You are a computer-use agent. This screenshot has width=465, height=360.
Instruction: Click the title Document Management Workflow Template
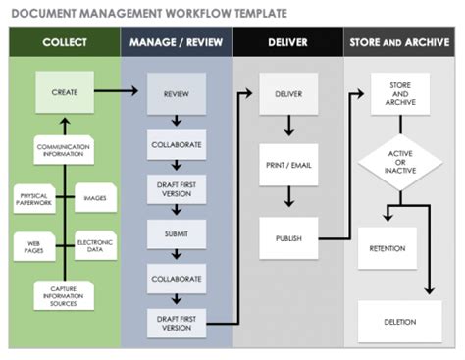click(x=147, y=14)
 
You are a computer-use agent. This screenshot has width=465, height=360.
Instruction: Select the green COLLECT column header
click(x=64, y=44)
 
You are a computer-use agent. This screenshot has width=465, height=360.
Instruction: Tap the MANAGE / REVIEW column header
click(x=177, y=44)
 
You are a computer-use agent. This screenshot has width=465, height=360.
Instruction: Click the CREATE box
click(x=64, y=93)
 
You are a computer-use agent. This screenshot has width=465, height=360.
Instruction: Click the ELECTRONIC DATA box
click(x=96, y=244)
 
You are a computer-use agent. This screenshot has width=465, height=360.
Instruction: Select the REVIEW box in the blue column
click(x=177, y=94)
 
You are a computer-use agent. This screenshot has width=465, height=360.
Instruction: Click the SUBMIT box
click(x=177, y=233)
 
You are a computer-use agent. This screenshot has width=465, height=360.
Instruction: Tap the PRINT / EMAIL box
click(x=288, y=166)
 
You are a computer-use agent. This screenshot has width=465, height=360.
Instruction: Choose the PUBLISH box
click(x=288, y=237)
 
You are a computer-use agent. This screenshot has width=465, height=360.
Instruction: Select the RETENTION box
click(x=387, y=248)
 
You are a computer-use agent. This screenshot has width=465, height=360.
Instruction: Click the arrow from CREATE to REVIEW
click(x=120, y=93)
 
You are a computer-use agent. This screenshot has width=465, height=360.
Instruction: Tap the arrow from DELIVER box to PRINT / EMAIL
click(x=288, y=126)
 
